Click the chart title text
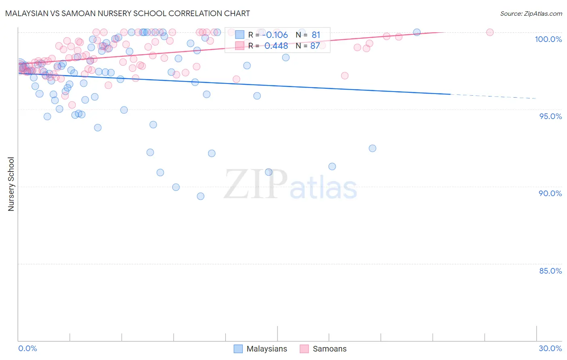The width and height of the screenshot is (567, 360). (x=127, y=13)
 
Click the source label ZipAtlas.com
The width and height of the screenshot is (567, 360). (x=531, y=13)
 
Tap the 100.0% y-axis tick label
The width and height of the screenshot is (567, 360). (x=548, y=39)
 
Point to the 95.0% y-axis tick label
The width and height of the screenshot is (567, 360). (x=550, y=116)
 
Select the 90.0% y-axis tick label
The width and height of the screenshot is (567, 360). (x=550, y=193)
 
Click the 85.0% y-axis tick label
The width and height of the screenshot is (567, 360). (x=550, y=270)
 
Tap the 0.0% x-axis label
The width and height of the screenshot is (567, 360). (x=27, y=348)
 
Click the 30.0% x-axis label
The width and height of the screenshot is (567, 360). (x=550, y=348)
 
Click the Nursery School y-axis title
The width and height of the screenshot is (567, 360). (x=11, y=184)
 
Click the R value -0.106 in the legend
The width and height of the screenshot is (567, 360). (x=276, y=35)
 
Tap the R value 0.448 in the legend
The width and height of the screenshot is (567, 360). (x=276, y=46)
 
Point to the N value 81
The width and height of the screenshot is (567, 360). (x=316, y=35)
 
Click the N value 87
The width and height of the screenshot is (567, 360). (x=315, y=46)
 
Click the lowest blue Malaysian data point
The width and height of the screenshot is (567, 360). (x=200, y=196)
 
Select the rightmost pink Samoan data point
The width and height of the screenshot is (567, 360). (x=490, y=32)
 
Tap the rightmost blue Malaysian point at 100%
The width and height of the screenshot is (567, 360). (x=417, y=32)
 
